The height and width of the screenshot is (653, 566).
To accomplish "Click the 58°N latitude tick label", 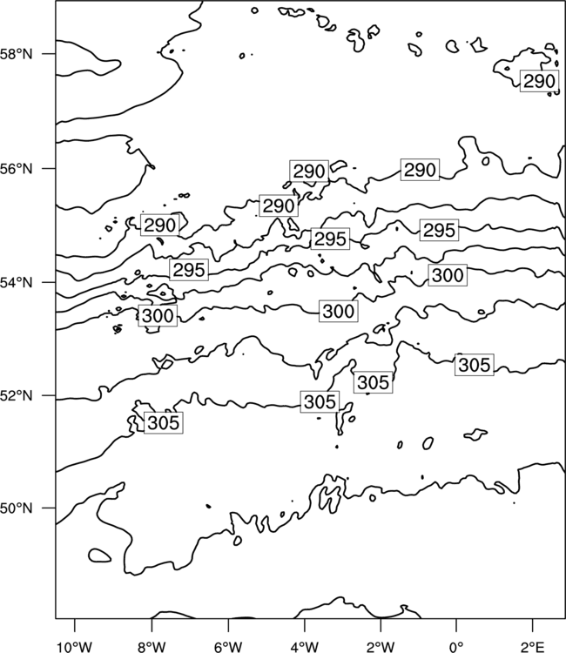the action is point(16,54).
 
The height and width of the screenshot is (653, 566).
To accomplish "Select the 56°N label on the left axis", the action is point(16,169).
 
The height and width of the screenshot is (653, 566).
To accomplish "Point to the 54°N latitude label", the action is point(16,282).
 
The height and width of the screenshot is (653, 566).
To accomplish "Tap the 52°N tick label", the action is point(16,395).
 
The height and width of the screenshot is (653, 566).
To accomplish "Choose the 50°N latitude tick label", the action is point(16,508).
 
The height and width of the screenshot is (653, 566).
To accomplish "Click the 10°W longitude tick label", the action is point(75,647).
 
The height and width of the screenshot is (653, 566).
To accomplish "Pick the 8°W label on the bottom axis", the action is point(152,647).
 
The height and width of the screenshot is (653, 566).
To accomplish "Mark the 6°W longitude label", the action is point(228,647).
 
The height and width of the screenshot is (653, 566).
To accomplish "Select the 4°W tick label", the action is point(304,647).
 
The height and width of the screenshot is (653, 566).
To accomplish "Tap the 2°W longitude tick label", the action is point(381,647).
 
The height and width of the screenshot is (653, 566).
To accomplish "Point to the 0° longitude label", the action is point(456,647).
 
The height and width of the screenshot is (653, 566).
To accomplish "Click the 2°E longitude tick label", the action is point(533,647).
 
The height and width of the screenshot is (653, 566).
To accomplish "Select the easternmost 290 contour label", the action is point(539,81).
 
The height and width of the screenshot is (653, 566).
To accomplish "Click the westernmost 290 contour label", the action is point(160,226).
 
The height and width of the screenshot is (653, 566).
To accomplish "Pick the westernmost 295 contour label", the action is point(189,270).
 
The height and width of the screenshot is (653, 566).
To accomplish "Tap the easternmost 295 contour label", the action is point(439,230).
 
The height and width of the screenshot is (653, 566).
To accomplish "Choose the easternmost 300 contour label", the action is point(448,275).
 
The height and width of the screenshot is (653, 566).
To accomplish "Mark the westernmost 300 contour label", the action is point(158,315).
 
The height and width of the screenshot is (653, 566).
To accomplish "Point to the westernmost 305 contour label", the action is point(163,422).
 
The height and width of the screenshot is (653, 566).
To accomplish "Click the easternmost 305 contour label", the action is point(475,365).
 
